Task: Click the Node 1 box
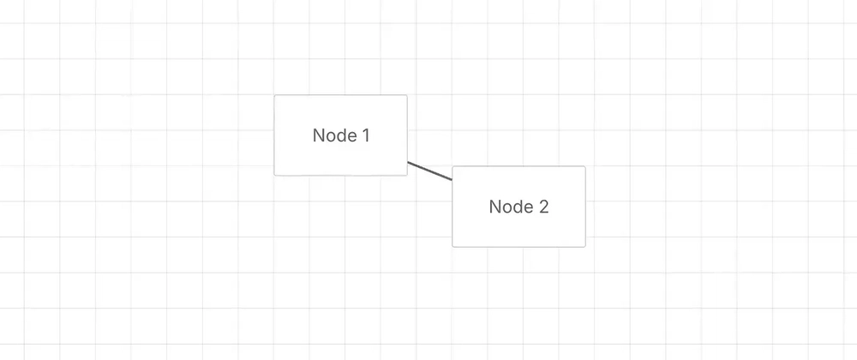340,135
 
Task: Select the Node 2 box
518,207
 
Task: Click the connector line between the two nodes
430,171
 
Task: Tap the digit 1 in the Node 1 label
365,135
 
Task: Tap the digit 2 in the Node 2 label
543,207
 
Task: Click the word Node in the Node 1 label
333,135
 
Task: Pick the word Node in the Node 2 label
510,207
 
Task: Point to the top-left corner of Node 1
274,95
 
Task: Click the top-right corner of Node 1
408,95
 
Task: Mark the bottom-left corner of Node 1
274,176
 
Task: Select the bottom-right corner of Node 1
408,176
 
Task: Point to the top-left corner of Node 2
452,166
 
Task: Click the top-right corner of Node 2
586,166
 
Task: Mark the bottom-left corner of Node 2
452,247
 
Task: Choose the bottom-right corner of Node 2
586,247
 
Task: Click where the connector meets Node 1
408,162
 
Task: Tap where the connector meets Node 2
452,180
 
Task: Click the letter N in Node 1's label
318,135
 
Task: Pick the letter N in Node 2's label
494,207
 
